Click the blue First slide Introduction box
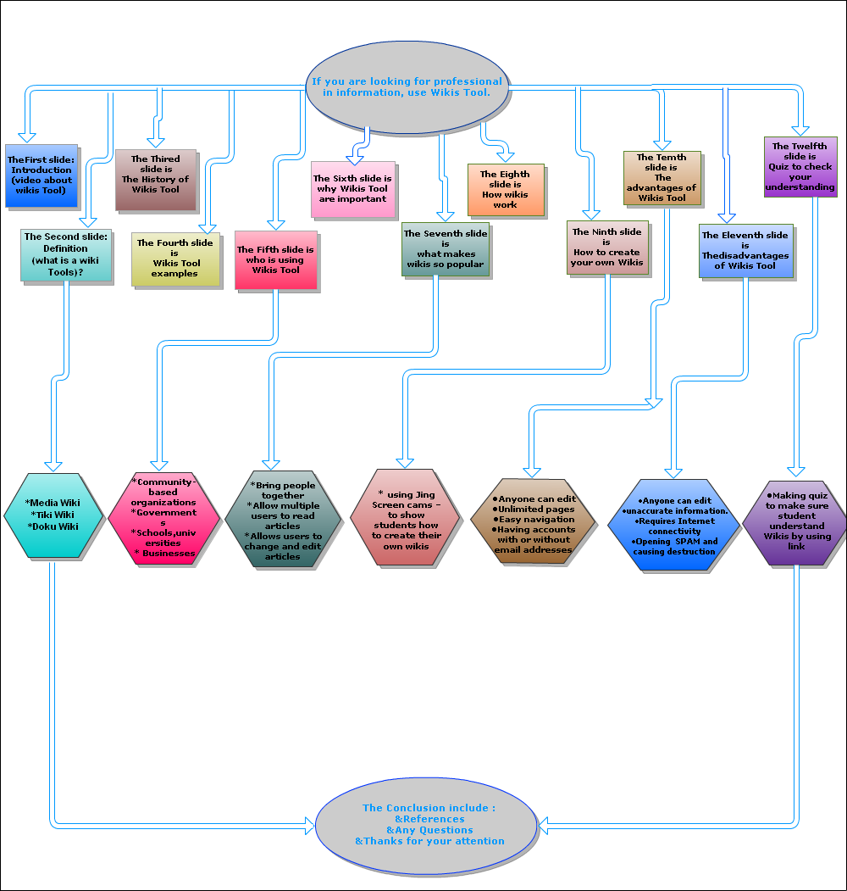pos(42,175)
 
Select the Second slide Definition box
pos(65,254)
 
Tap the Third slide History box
pos(155,180)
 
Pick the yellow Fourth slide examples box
pos(175,259)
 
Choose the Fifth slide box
pos(275,259)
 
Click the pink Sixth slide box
pos(352,189)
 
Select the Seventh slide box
pos(446,248)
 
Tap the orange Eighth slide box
pos(506,190)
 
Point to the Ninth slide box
pos(606,247)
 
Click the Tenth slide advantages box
pos(662,178)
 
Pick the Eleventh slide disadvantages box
pos(745,250)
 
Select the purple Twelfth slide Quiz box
pos(800,166)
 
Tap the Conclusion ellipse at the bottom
pos(427,824)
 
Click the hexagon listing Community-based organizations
pos(164,517)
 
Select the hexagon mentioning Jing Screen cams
pos(406,516)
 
